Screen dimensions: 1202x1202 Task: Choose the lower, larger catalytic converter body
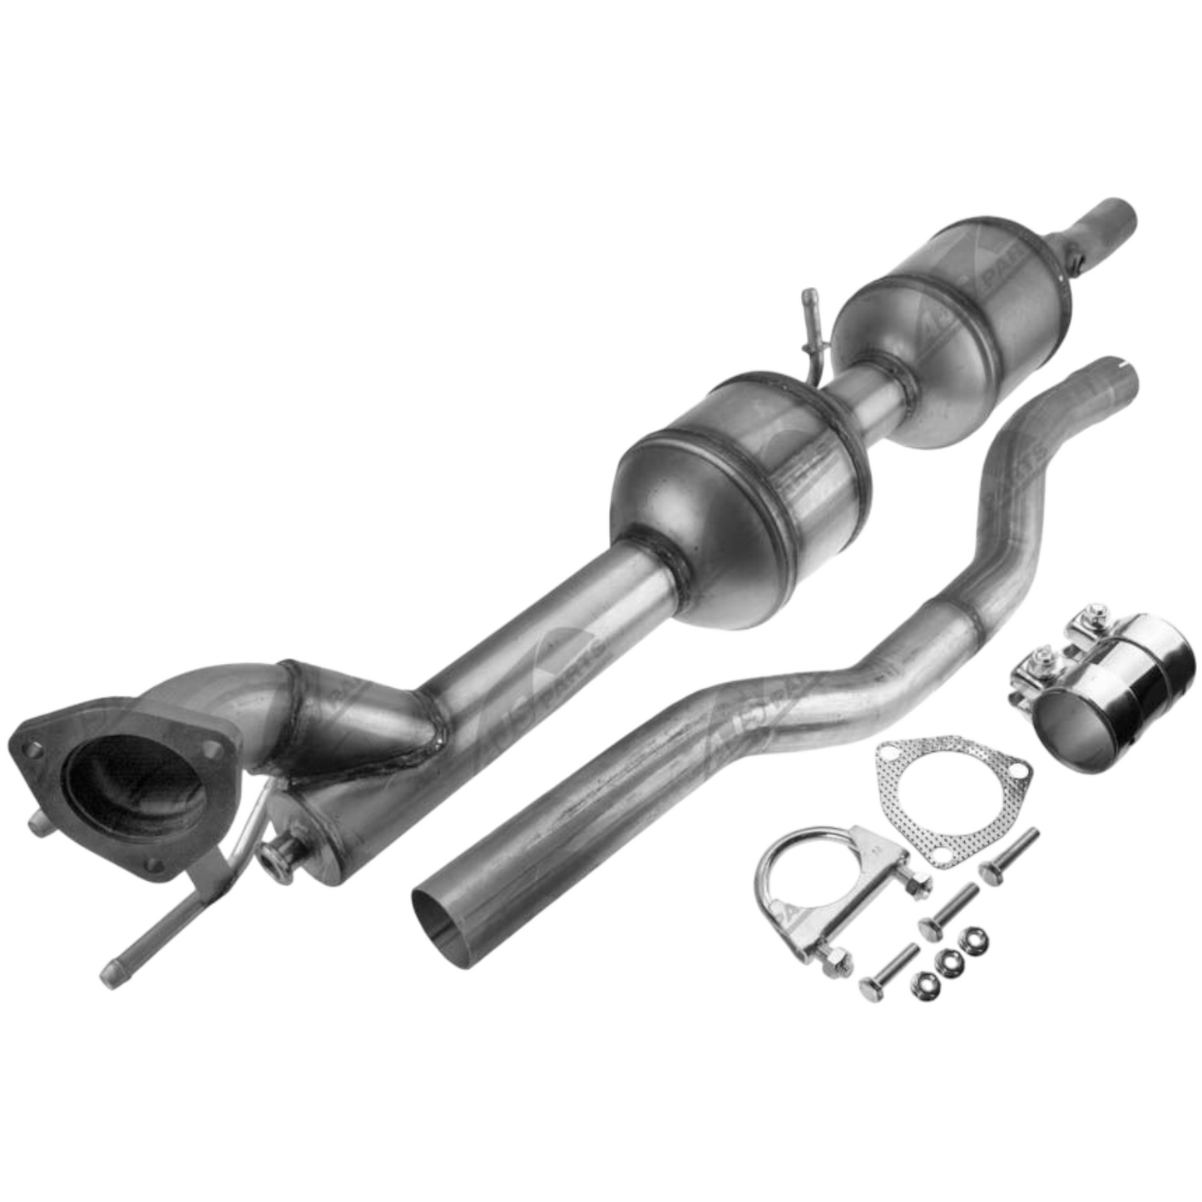(740, 499)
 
